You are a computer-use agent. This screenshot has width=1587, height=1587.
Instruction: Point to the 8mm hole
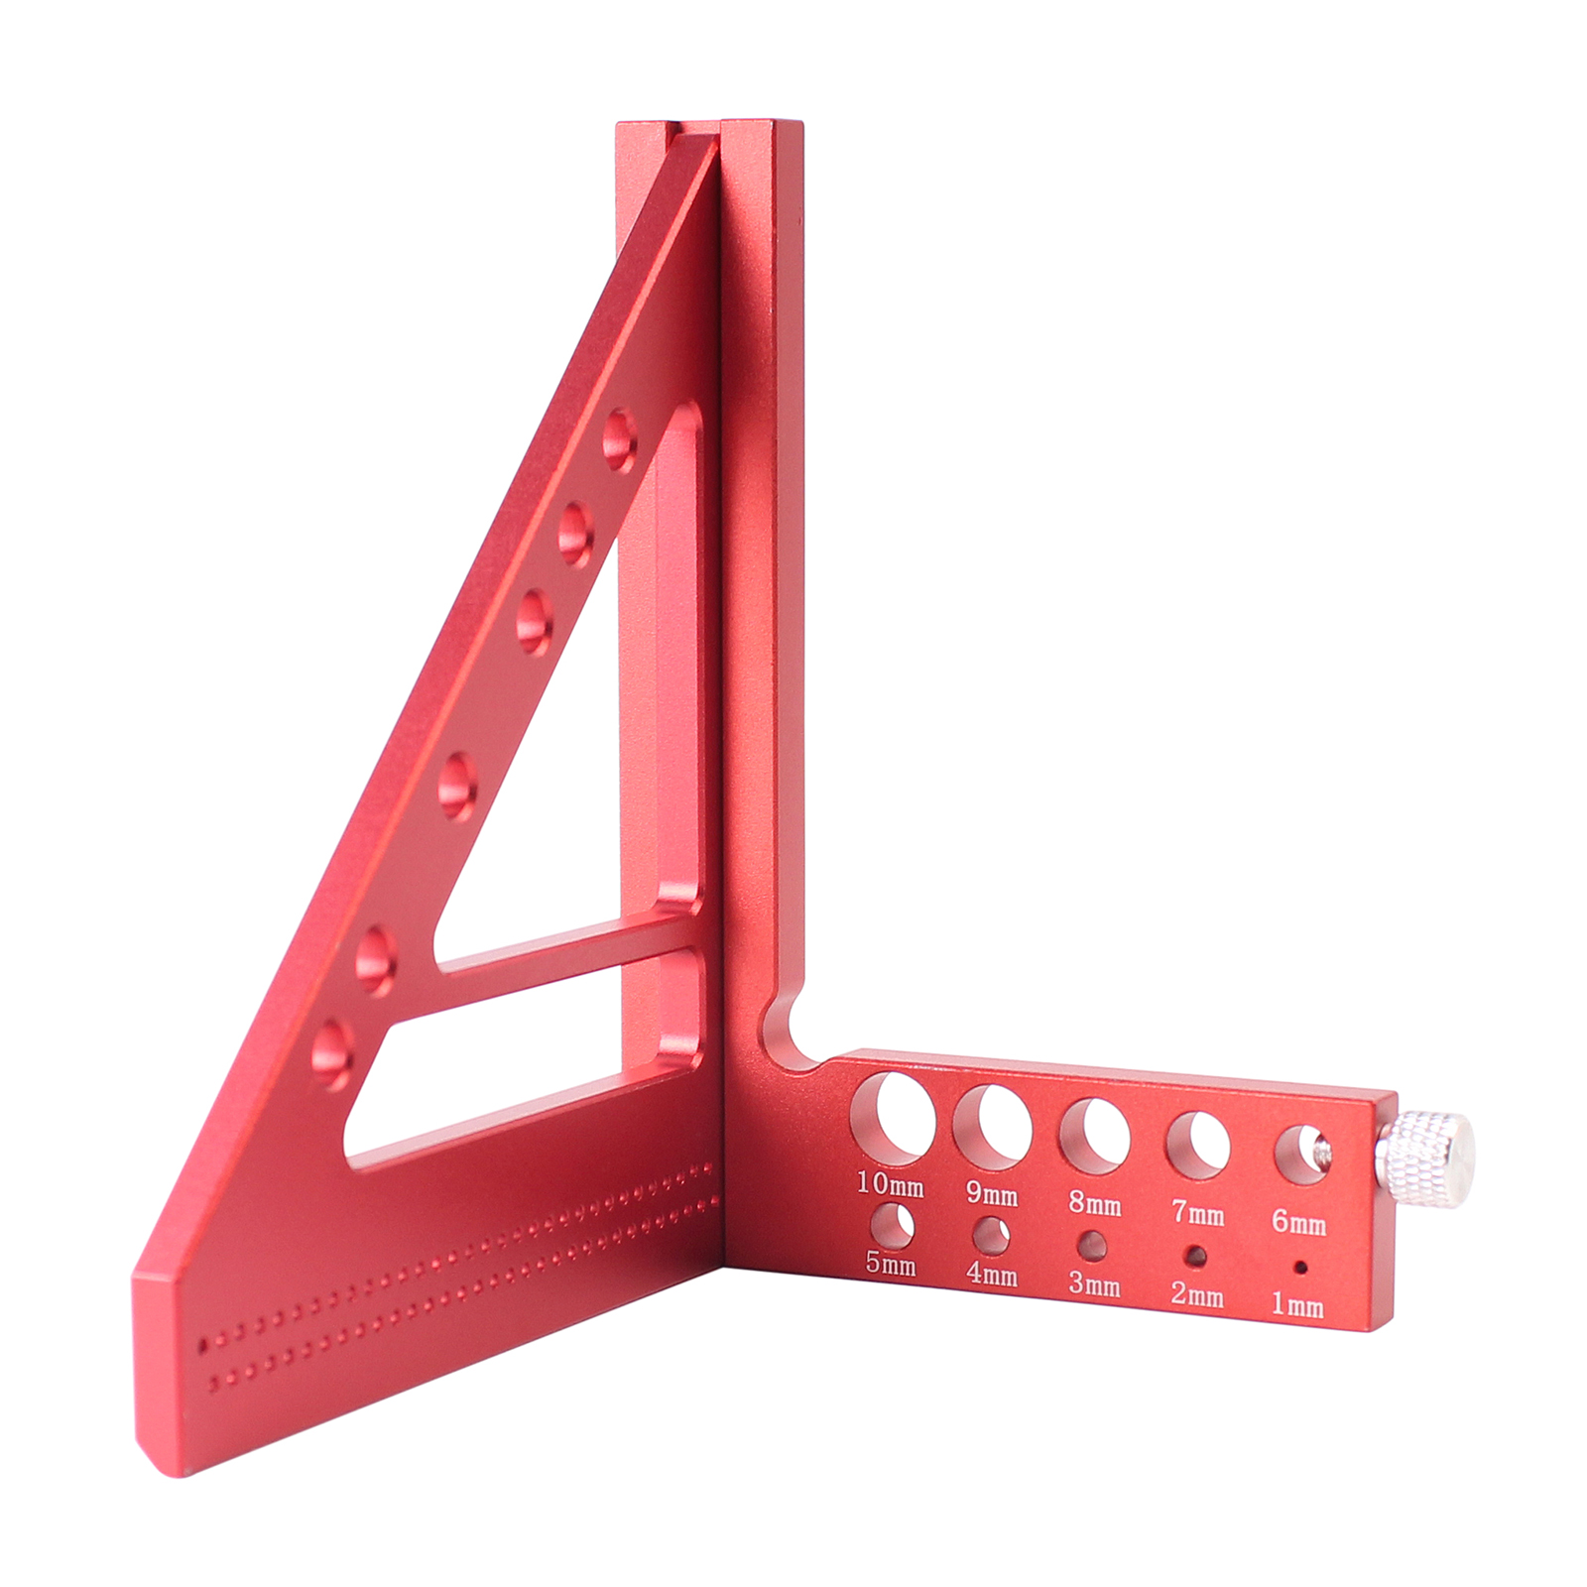(1094, 1137)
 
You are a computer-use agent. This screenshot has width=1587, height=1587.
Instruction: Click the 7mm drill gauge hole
(1197, 1146)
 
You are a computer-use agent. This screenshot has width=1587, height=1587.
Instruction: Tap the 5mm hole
(892, 1227)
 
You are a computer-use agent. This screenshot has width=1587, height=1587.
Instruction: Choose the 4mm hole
(991, 1237)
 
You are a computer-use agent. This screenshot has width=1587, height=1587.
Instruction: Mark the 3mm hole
(1093, 1247)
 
